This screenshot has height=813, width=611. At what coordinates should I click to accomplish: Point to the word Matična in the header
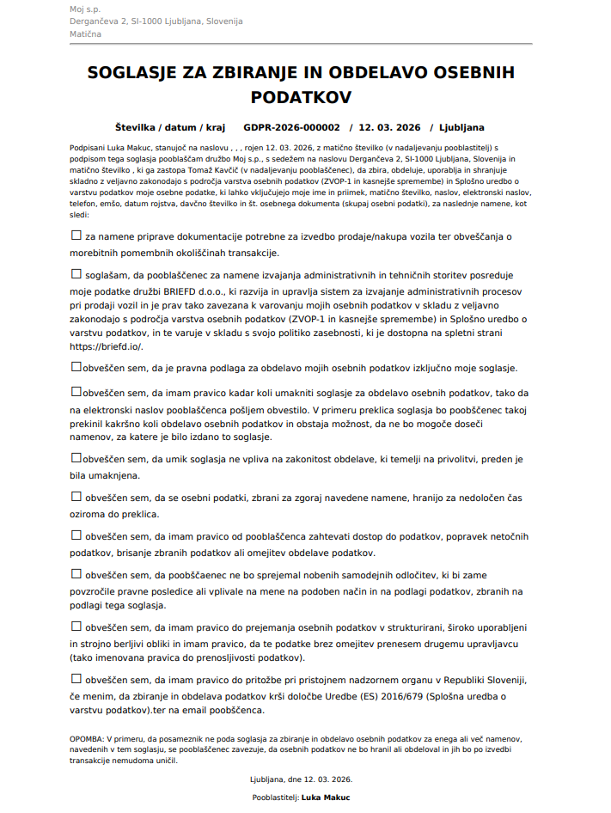point(86,34)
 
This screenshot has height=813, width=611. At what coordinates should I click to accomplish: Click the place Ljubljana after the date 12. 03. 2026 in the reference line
point(461,127)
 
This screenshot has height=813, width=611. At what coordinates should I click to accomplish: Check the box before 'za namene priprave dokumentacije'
point(76,235)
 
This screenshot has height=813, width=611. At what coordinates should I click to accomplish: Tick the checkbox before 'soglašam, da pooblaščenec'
point(76,273)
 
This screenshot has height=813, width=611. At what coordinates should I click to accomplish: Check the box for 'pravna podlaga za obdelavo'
point(76,366)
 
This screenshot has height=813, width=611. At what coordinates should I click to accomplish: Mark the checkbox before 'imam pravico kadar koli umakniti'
point(76,391)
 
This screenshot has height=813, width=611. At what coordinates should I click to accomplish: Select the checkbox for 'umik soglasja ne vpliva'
point(76,458)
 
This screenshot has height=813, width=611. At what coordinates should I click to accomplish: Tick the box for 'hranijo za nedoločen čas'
point(76,497)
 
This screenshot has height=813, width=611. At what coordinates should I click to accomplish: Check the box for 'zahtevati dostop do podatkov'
point(76,535)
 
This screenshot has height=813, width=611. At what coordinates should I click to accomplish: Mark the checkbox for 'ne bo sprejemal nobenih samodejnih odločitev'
point(76,572)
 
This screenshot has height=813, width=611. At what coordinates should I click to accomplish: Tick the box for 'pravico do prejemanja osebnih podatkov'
point(76,627)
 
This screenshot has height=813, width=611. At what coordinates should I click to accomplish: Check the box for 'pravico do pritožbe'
point(76,678)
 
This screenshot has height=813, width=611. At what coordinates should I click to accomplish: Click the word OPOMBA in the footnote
point(86,738)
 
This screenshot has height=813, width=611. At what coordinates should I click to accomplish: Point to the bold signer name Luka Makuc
point(326,798)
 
